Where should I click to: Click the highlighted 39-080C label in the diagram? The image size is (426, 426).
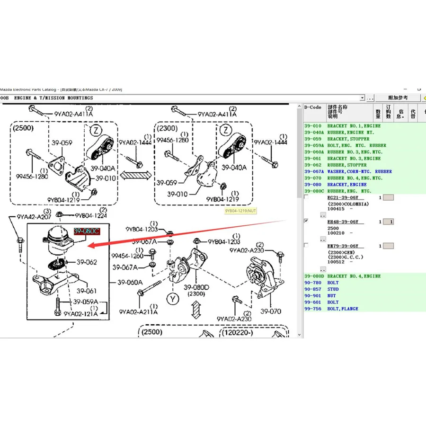coord(87,231)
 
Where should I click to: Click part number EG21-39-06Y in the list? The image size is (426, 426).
coord(343,197)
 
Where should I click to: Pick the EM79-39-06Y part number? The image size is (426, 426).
coord(343,246)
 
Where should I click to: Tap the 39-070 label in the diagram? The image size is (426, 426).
coord(271,311)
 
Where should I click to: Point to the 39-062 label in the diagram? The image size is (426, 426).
coord(87,262)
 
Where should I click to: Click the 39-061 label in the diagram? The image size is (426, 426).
coord(87,291)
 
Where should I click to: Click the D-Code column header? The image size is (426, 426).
coord(313,107)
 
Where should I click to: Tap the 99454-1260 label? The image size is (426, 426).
coord(127,256)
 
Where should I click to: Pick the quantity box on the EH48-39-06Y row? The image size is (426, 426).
coord(388,222)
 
